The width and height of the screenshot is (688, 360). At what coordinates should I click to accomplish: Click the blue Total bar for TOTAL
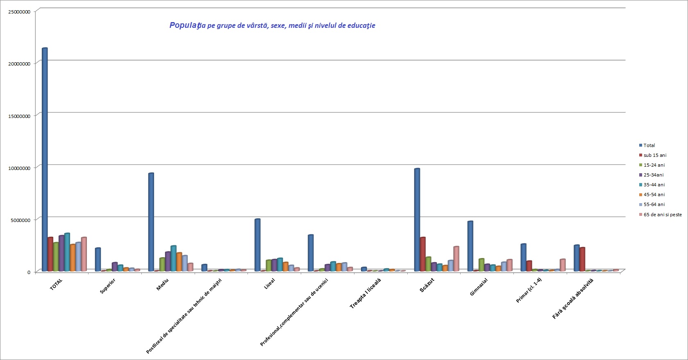[45, 160]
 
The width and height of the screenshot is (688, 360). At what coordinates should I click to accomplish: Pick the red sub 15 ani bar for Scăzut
[423, 254]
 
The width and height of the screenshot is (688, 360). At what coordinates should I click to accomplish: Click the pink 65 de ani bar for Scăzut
[456, 259]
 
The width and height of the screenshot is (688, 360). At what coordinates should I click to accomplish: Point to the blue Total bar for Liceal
[257, 245]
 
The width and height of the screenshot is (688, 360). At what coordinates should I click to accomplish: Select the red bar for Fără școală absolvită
[582, 259]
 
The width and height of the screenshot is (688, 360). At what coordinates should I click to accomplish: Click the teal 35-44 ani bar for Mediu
[173, 258]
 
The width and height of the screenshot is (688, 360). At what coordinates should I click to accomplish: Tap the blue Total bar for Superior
[98, 260]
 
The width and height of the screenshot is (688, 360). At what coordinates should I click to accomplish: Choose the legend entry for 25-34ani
[653, 175]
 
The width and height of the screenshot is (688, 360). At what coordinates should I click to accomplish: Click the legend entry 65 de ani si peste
[662, 215]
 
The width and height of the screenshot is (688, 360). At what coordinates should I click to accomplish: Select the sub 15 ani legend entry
[654, 155]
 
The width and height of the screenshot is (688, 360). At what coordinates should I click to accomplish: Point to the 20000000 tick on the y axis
[19, 64]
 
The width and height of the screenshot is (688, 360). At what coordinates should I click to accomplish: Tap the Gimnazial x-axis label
[479, 287]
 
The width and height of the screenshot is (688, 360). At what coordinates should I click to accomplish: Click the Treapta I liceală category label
[365, 293]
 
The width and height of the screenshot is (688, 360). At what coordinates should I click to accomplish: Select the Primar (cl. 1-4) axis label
[529, 290]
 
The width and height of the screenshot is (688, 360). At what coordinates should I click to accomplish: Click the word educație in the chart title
[361, 25]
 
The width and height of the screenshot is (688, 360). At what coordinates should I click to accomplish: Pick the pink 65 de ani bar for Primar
[563, 265]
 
